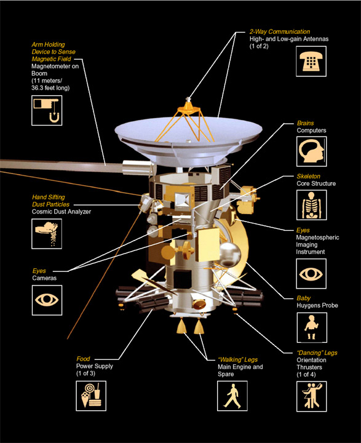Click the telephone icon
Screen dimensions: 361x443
tap(311, 62)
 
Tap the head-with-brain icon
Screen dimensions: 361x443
tap(312, 151)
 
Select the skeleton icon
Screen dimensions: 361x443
tap(312, 205)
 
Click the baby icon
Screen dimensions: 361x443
tap(312, 327)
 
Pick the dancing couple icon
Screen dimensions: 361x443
tap(312, 396)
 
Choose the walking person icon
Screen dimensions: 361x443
tap(232, 396)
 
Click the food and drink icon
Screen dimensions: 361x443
tap(91, 396)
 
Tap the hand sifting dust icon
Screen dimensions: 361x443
tap(47, 234)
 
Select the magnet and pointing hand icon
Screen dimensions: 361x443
tap(47, 111)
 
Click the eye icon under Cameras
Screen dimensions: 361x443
tap(47, 300)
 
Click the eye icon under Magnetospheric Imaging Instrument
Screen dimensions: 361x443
tap(311, 273)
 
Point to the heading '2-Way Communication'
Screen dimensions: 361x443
tap(280, 31)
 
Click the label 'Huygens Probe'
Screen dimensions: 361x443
tap(317, 305)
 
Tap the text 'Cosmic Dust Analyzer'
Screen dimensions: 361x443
tap(61, 212)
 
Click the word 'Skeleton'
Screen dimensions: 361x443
tap(309, 177)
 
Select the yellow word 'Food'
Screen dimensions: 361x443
tap(83, 359)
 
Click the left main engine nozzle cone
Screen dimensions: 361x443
tap(181, 326)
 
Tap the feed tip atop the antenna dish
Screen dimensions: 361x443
tap(188, 100)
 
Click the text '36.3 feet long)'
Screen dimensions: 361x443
tap(50, 88)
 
